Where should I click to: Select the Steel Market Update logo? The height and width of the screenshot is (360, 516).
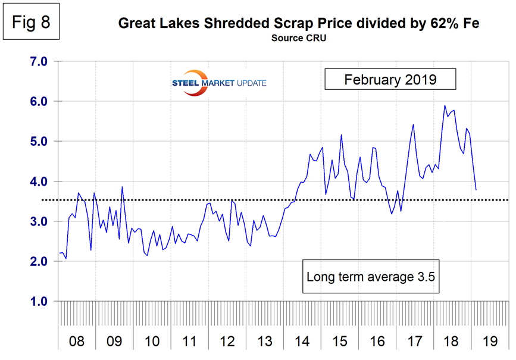point(215,82)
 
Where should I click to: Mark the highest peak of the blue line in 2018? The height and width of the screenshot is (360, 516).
point(445,106)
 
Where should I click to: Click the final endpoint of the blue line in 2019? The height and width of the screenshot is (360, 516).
point(476,190)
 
